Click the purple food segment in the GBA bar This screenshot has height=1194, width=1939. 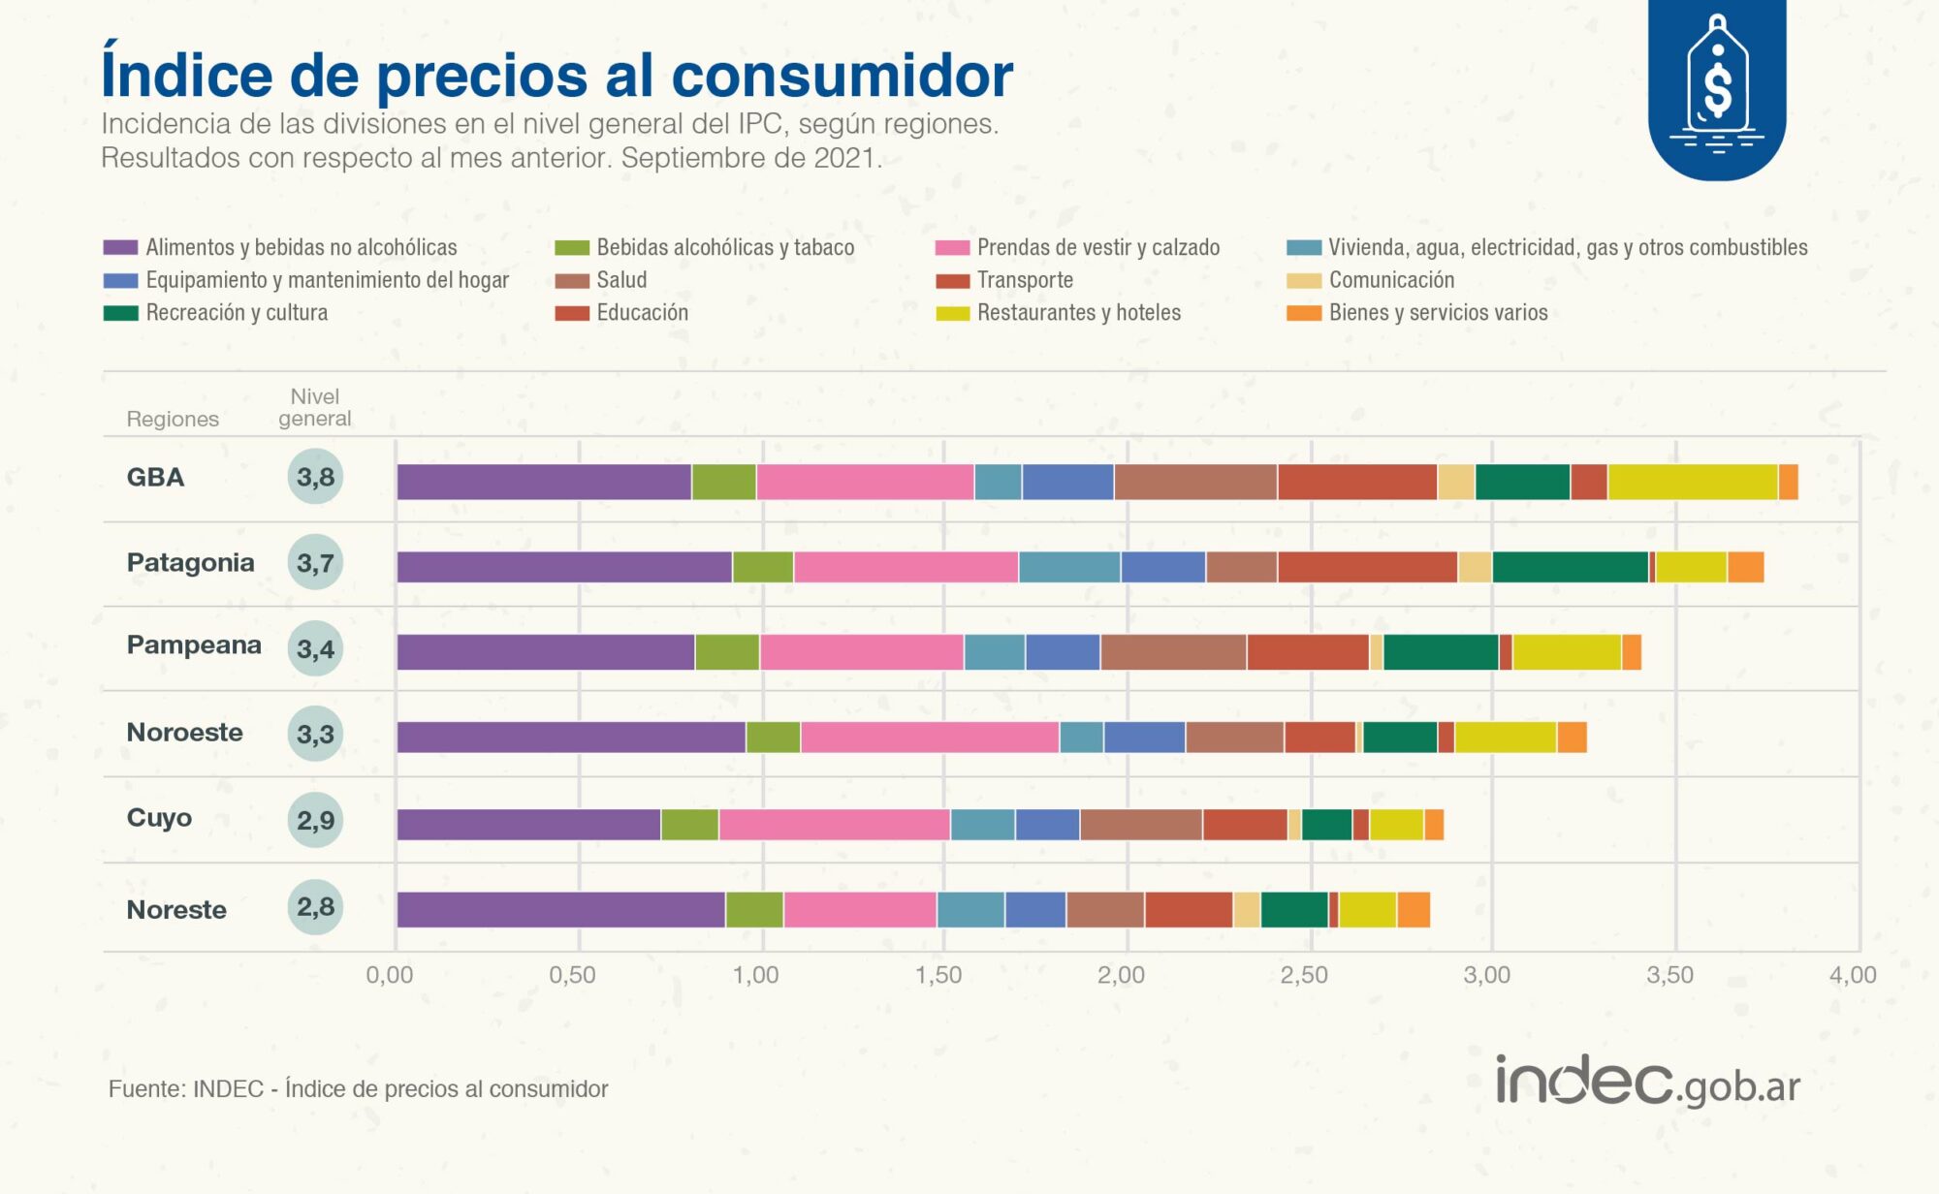pos(544,482)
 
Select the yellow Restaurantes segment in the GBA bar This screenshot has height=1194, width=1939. pos(1692,482)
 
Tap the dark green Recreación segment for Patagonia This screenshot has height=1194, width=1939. pos(1570,567)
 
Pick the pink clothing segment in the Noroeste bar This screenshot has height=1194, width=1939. pos(930,738)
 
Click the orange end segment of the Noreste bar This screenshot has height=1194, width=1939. pos(1414,910)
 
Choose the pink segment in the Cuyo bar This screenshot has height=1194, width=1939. pos(834,825)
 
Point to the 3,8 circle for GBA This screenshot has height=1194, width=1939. pos(315,477)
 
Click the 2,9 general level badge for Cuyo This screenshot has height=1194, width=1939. pos(315,821)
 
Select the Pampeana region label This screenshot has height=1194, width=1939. pos(194,645)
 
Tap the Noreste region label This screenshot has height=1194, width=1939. pos(176,910)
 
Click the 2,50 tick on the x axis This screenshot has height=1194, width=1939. pos(1304,975)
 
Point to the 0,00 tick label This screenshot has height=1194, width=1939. pos(389,975)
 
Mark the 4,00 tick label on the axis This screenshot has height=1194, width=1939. pos(1852,975)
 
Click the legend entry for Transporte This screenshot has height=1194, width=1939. pos(1025,280)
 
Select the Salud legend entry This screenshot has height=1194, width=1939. pos(620,280)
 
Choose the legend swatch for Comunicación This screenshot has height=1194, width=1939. pos(1303,281)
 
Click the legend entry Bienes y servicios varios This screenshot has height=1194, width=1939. pos(1438,313)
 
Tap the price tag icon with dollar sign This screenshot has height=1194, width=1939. pos(1717,87)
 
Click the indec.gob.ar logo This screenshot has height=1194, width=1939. pos(1647,1083)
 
